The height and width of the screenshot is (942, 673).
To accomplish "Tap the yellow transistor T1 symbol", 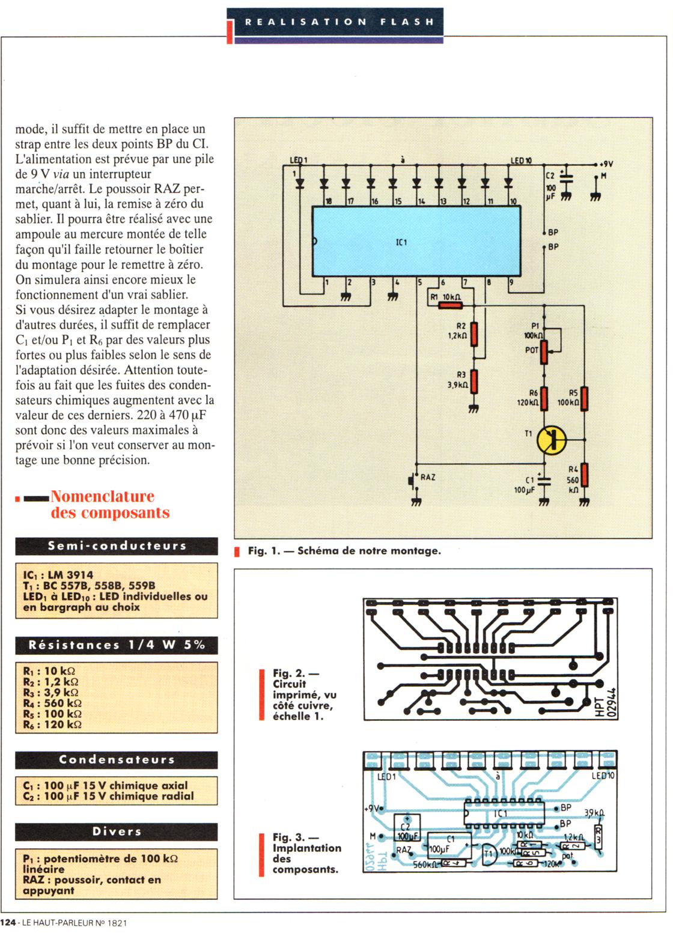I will pyautogui.click(x=552, y=440).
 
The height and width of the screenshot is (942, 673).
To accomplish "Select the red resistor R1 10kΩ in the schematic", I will pyautogui.click(x=451, y=306).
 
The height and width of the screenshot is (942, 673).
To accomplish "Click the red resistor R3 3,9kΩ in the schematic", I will pyautogui.click(x=474, y=381).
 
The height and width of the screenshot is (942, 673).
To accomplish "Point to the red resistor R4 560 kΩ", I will pyautogui.click(x=584, y=475).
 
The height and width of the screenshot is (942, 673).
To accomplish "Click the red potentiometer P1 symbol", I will pyautogui.click(x=544, y=352).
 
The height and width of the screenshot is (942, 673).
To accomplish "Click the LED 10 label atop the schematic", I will pyautogui.click(x=521, y=161).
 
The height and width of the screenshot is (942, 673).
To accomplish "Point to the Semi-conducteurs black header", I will pyautogui.click(x=117, y=546).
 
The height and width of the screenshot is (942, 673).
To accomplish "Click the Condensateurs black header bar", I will pyautogui.click(x=117, y=760).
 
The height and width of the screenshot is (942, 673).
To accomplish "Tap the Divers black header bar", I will pyautogui.click(x=117, y=831).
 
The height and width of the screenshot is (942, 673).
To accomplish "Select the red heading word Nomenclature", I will pyautogui.click(x=103, y=497).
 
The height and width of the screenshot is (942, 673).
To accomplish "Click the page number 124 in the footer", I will pyautogui.click(x=8, y=923).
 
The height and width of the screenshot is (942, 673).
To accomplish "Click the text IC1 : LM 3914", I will pyautogui.click(x=58, y=575).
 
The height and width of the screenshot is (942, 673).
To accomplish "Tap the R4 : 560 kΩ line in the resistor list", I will pyautogui.click(x=52, y=703).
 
